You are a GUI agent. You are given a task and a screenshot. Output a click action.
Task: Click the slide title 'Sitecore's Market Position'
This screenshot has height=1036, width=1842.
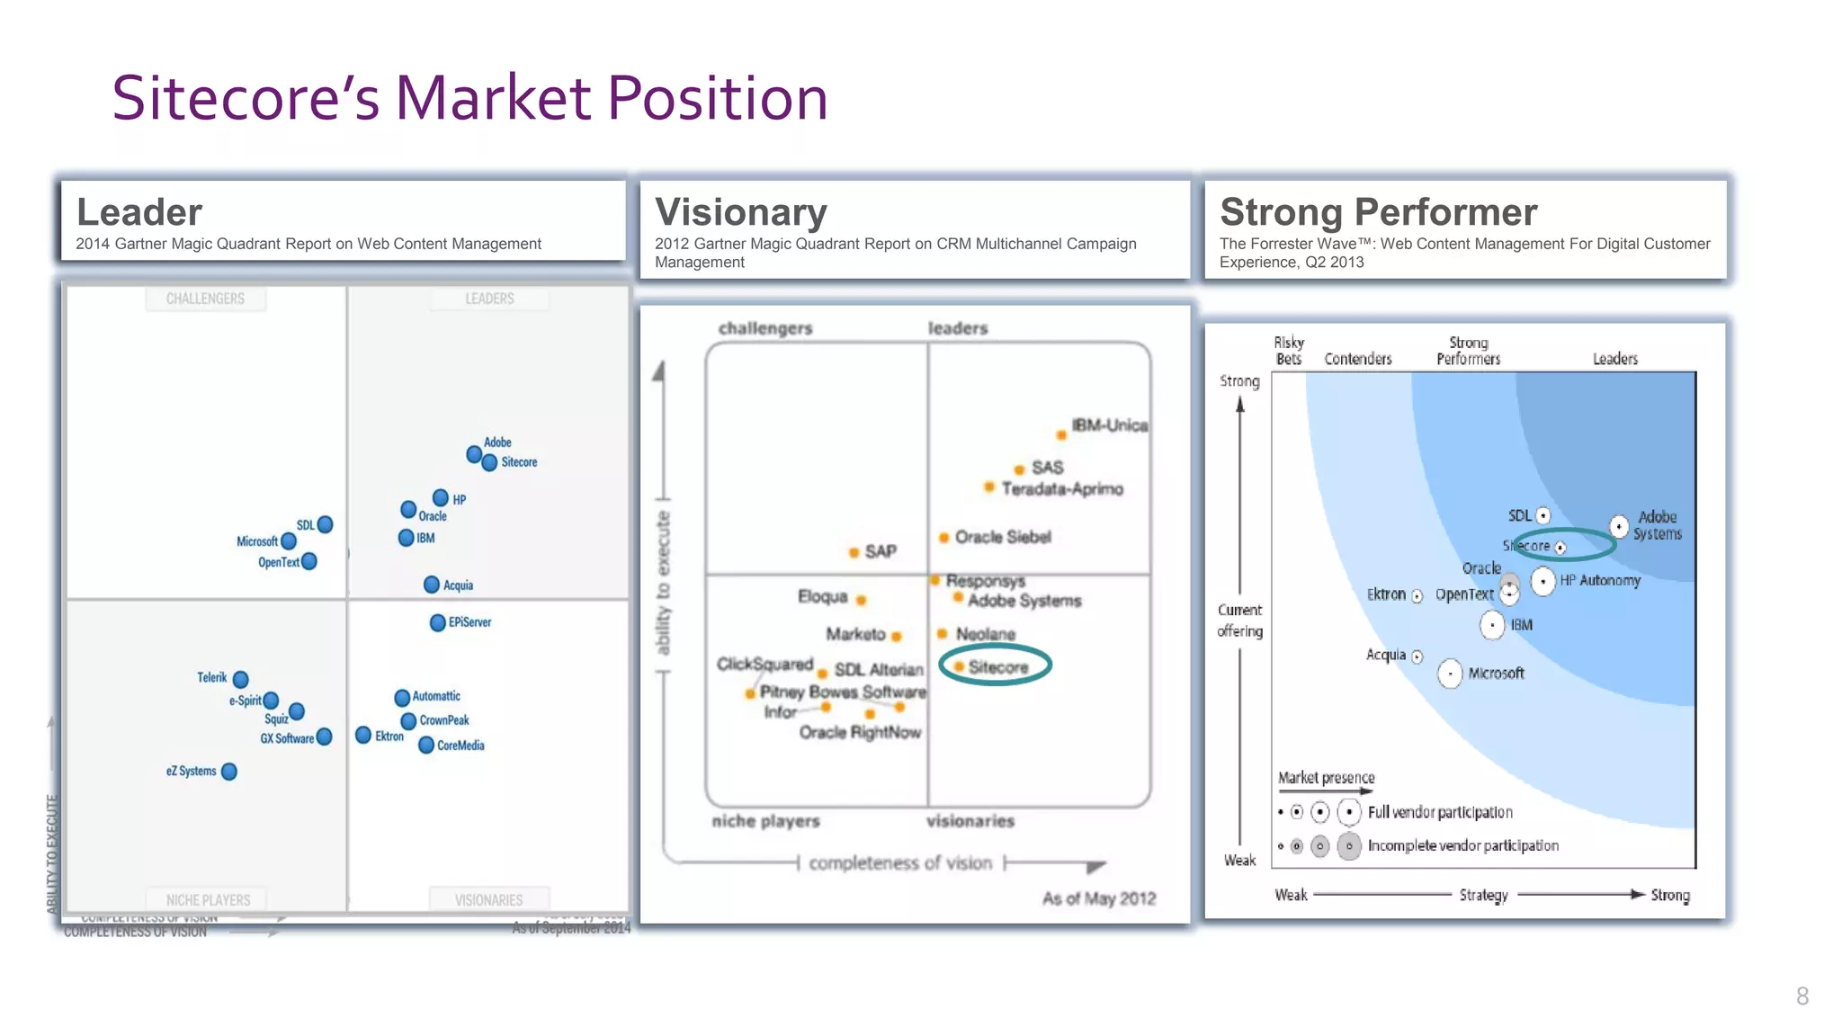coord(469,98)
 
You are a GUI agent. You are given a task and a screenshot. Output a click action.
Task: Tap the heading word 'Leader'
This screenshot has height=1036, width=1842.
coord(139,212)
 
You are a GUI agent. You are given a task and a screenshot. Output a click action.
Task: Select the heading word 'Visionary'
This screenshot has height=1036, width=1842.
coord(740,212)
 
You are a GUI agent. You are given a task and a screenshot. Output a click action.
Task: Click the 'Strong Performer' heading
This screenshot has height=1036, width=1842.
coord(1378,212)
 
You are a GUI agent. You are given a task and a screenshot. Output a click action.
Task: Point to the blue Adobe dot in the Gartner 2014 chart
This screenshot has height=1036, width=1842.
coord(474,454)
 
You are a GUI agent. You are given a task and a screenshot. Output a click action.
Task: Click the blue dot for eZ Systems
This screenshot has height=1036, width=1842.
coord(229,772)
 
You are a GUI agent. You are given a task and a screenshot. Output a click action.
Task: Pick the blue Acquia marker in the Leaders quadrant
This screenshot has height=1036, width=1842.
coord(432,585)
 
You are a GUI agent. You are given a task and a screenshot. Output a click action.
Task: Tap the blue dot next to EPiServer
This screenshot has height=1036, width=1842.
coord(437,622)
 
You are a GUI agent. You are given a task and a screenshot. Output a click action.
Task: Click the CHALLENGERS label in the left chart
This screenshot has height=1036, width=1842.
coord(205,299)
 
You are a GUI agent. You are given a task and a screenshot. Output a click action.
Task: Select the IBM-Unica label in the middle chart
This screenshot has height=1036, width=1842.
coord(1109,425)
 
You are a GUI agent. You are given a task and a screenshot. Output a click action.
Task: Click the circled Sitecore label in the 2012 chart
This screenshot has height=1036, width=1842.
coord(997,667)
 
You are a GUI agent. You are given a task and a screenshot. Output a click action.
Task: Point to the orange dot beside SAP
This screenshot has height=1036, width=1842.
coord(854,552)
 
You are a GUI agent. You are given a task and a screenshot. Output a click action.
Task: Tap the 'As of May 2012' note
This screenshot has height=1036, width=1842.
coord(1098,898)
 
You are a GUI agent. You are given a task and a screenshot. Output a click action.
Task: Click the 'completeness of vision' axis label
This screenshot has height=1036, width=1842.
coord(899,863)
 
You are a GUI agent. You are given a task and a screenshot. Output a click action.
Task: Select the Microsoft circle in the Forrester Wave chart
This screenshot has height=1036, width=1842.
coord(1450,674)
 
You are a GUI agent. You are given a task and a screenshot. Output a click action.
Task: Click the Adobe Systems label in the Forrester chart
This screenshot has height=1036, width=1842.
coord(1657,525)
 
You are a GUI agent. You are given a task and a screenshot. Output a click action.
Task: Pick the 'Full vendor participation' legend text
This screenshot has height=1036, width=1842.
coord(1439,812)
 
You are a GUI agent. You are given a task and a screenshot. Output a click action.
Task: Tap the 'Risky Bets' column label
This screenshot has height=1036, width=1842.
coord(1288,351)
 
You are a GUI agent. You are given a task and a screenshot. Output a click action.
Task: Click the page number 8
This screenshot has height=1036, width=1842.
coord(1802,996)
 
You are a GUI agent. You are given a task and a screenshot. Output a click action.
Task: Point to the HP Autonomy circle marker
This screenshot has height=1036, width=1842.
coord(1543,581)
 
